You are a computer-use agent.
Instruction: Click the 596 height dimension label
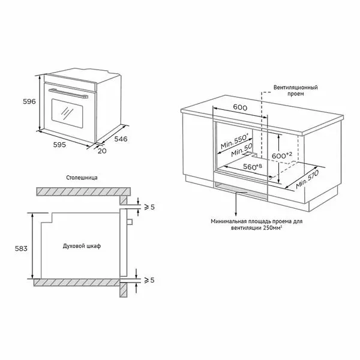coord(29,101)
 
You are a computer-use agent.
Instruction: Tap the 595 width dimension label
coord(59,145)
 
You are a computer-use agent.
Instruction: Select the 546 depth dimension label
coord(121,139)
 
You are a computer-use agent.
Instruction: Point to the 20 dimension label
coord(102,151)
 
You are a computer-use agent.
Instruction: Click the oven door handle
coord(68,94)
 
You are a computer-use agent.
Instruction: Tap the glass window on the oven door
coord(67,113)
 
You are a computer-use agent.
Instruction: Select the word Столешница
coord(82,178)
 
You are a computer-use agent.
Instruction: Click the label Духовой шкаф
coord(82,246)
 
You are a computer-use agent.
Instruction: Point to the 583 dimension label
coord(21,248)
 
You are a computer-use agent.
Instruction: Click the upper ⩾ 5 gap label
coord(149,207)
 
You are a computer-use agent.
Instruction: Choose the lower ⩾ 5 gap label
coord(149,280)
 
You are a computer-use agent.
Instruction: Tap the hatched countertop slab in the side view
coord(83,192)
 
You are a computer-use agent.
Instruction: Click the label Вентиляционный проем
coord(295,91)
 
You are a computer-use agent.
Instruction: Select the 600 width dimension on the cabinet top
coord(240,107)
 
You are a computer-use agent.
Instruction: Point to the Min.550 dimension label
coord(235,141)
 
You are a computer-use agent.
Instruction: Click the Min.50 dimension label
coord(242,150)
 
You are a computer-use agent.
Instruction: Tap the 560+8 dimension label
coord(253,166)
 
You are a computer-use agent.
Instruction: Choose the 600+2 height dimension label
coord(282,155)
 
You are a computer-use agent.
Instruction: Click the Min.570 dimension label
coord(307,179)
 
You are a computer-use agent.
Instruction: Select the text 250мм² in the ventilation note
coord(272,228)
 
